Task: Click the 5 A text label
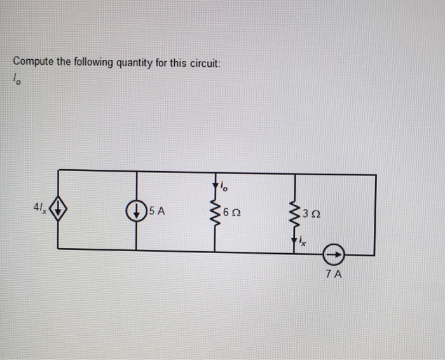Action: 157,211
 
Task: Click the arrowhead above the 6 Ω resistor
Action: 216,184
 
